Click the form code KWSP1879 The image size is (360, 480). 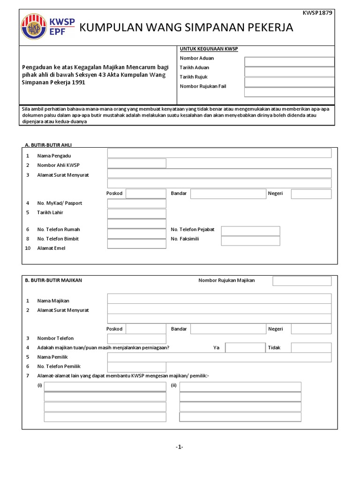(x=320, y=13)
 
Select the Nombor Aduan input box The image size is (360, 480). (x=289, y=61)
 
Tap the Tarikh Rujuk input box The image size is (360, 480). (x=289, y=82)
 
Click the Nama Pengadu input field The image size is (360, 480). (x=219, y=153)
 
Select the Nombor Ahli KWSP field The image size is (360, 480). (x=136, y=163)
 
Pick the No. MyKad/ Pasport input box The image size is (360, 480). (x=136, y=203)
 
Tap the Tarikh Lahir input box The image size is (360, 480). (x=136, y=214)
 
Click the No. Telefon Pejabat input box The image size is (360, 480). (x=250, y=231)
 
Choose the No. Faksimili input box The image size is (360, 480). (x=250, y=240)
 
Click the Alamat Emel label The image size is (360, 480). (x=51, y=248)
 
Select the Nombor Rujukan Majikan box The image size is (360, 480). (x=302, y=281)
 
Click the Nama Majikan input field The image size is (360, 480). (x=219, y=299)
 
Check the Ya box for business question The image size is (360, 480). (x=245, y=347)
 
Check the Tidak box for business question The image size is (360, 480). (x=311, y=347)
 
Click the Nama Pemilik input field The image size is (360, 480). (x=219, y=358)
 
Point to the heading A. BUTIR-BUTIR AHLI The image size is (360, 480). (x=48, y=145)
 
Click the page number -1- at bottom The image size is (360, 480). (x=179, y=447)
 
